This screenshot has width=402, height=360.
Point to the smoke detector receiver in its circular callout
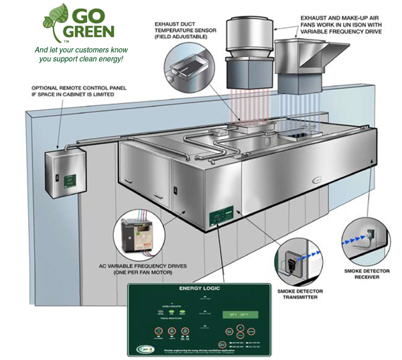[365, 237]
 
